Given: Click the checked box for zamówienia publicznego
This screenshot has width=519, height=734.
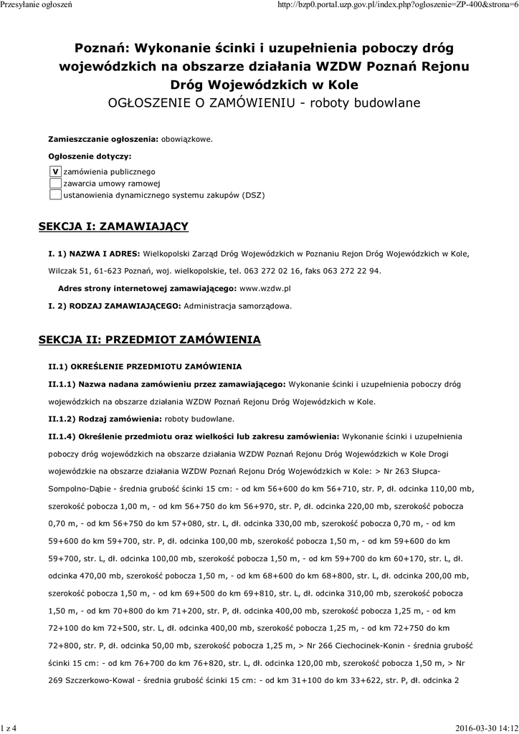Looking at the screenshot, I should click(55, 172).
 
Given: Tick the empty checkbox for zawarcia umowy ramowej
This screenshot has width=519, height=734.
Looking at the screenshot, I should click(55, 183).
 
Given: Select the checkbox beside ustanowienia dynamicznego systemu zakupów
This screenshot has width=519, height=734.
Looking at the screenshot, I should click(55, 195).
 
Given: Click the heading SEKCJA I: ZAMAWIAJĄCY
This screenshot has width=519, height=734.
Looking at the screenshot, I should click(113, 227).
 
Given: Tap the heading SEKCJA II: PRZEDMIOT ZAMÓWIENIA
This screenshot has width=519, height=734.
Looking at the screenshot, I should click(149, 339).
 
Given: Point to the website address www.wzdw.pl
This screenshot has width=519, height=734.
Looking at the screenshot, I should click(265, 288).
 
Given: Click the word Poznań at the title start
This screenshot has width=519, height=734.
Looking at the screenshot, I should click(100, 48).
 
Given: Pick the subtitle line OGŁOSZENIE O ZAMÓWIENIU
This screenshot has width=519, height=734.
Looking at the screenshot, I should click(202, 103).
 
